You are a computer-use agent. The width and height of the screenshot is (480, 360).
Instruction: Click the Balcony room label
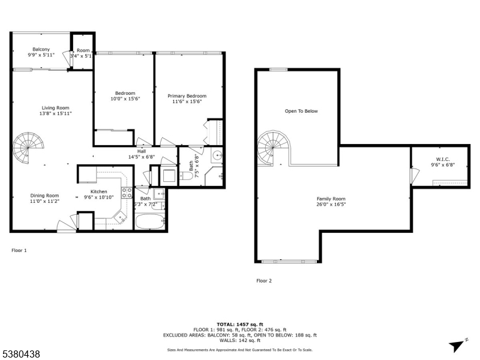(x=41, y=49)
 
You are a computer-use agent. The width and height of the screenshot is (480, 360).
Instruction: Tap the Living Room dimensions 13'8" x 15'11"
(x=56, y=113)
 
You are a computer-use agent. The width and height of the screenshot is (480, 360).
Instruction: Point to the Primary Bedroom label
(x=187, y=96)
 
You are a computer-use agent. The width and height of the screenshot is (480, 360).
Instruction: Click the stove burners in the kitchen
(x=127, y=193)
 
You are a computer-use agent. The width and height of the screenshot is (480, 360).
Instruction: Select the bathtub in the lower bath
(x=149, y=223)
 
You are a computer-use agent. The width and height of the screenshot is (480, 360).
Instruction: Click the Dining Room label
(x=45, y=195)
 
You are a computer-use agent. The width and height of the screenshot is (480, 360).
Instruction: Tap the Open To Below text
(x=301, y=111)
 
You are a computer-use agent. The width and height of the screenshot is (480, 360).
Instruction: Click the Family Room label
(x=331, y=199)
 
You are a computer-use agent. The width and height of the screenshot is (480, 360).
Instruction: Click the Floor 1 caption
(x=19, y=250)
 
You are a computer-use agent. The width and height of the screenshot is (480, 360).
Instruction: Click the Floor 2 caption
(x=264, y=280)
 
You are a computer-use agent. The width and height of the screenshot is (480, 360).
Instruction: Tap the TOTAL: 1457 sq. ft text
(x=240, y=324)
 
